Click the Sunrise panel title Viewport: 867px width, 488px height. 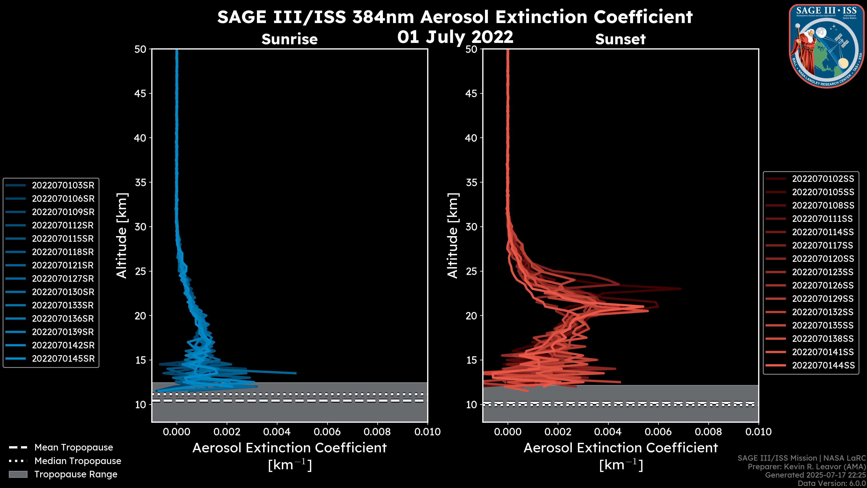[x=289, y=39]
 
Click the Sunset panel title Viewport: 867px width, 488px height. [x=620, y=39]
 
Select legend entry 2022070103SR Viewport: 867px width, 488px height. [x=63, y=185]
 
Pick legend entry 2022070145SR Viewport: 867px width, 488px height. [x=63, y=359]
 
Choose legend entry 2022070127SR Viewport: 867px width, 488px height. [x=63, y=279]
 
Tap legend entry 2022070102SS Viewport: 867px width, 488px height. [x=823, y=179]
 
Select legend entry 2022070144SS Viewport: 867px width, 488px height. [x=823, y=365]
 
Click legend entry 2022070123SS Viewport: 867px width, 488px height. [x=823, y=272]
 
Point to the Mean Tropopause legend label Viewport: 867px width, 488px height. [x=74, y=447]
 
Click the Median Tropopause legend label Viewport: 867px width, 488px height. [x=78, y=461]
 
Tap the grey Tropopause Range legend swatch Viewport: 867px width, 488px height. [x=18, y=474]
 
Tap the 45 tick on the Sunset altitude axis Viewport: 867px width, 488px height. [x=471, y=94]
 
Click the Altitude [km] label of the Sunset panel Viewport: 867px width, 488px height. [x=453, y=235]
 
